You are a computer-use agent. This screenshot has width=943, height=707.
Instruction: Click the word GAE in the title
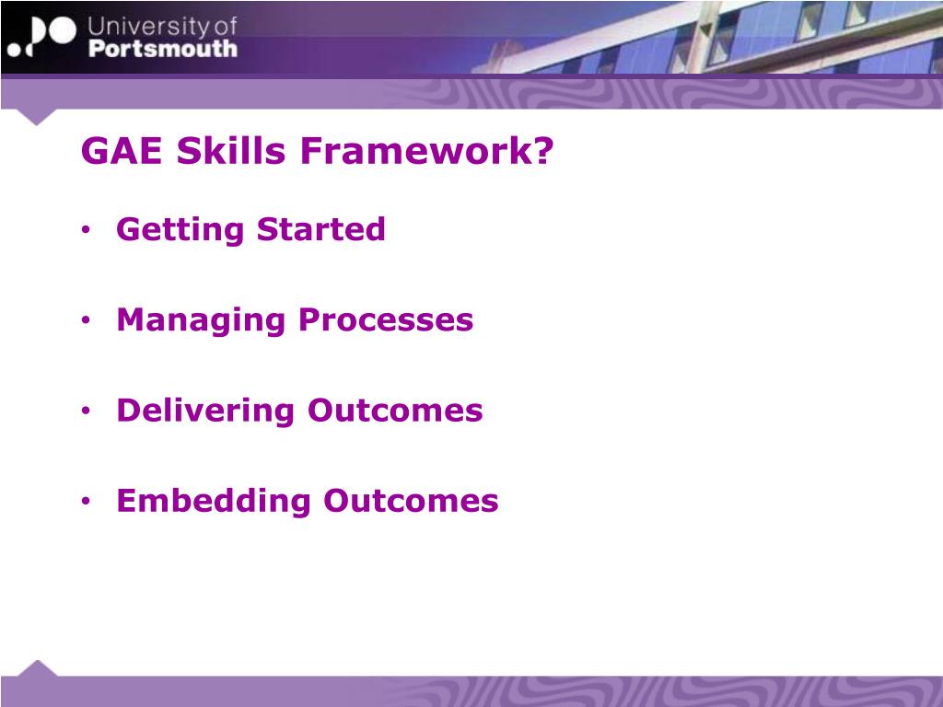[122, 150]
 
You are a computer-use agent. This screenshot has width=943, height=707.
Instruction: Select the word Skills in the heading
[231, 150]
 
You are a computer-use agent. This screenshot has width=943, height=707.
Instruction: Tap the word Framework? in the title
[426, 150]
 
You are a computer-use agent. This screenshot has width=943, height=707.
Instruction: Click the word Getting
[180, 230]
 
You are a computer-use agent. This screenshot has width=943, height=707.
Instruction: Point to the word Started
[321, 229]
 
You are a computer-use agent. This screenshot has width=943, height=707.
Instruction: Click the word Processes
[386, 319]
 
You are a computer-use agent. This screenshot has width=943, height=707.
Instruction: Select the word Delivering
[205, 411]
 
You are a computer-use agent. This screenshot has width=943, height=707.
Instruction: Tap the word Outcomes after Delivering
[395, 411]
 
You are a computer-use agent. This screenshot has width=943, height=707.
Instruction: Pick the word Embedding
[214, 502]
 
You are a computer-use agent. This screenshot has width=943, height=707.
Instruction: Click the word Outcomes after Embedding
[412, 502]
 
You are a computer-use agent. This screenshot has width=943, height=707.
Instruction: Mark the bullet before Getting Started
[86, 229]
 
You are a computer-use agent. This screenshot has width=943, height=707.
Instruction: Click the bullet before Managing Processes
[86, 319]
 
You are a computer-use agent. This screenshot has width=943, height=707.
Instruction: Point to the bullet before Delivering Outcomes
[86, 411]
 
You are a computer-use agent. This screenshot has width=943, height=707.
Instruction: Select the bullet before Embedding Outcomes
[86, 501]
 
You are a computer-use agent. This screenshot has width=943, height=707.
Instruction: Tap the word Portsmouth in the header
[163, 49]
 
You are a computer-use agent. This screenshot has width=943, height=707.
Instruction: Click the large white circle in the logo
[62, 30]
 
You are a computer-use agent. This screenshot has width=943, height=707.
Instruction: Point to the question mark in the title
[542, 150]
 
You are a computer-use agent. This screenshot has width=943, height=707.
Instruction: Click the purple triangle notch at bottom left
[37, 668]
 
